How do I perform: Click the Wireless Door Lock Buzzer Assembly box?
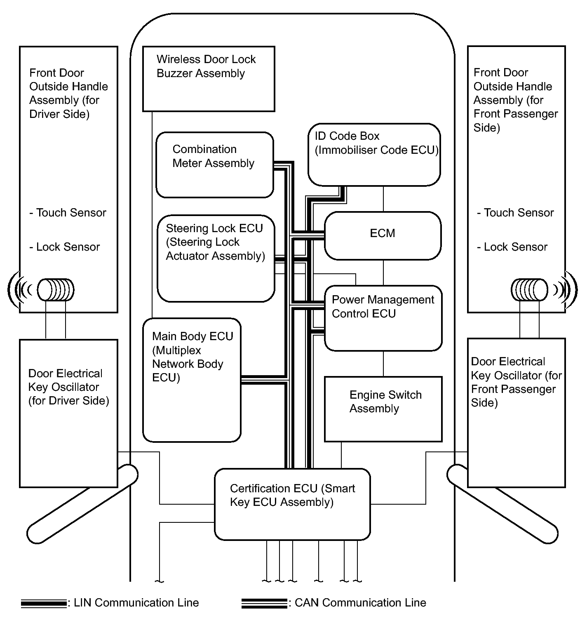(x=208, y=78)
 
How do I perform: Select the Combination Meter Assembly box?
(x=214, y=165)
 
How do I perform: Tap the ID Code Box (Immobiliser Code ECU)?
(x=374, y=154)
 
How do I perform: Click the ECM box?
(x=383, y=235)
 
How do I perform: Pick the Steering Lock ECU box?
(x=216, y=258)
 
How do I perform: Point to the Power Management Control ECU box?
(x=383, y=318)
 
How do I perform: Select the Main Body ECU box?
(x=192, y=380)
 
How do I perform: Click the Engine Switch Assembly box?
(x=383, y=409)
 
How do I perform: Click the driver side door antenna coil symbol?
(x=56, y=290)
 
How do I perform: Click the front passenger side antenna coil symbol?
(x=530, y=290)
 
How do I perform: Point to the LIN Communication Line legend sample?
(x=44, y=604)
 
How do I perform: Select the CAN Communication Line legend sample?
(x=264, y=604)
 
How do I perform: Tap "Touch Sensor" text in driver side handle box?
(x=68, y=213)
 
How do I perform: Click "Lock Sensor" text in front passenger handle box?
(x=512, y=247)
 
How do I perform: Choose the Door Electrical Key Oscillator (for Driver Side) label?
(x=68, y=387)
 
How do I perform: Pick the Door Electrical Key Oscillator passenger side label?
(x=516, y=382)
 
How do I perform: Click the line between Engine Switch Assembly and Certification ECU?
(x=341, y=455)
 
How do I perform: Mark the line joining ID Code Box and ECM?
(x=383, y=199)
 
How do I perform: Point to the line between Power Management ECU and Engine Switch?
(x=383, y=364)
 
